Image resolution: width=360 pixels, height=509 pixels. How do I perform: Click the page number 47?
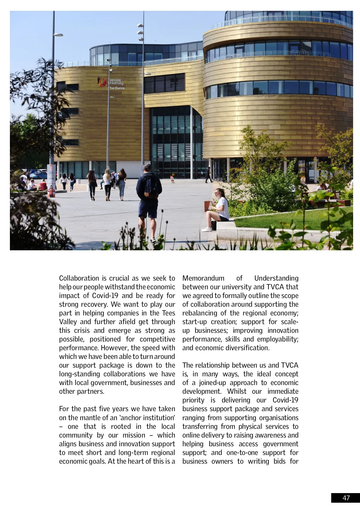coord(346,498)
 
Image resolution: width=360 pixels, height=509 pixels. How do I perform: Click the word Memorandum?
coord(203,278)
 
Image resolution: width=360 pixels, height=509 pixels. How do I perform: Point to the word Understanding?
coord(276,278)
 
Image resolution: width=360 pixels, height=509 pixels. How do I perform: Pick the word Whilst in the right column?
coord(237,391)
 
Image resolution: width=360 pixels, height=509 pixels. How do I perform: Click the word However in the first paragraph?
coord(115,348)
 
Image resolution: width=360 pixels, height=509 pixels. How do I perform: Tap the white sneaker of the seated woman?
coord(207,230)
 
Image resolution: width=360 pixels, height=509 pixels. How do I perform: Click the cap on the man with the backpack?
coord(147,167)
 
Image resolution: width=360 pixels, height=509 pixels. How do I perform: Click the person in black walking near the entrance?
coord(208,175)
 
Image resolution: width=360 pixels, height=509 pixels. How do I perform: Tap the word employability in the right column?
coord(277,339)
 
